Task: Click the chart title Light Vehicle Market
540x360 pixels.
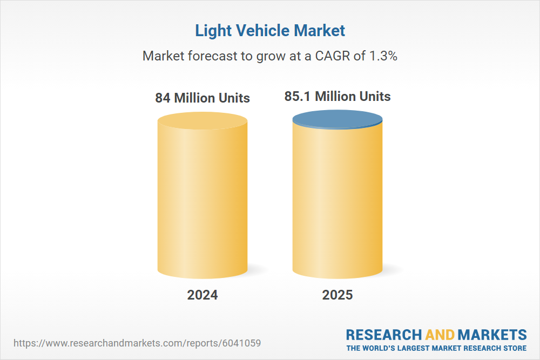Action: point(270,31)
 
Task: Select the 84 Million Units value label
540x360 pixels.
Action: point(202,98)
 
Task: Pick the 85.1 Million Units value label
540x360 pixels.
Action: point(337,97)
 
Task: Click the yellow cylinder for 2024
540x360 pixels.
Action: point(202,200)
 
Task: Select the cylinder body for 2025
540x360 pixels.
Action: point(337,200)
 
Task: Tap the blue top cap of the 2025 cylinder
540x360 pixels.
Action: point(337,119)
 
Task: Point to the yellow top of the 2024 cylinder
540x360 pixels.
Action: point(202,120)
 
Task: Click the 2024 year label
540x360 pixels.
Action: point(202,295)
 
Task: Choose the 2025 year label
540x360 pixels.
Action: point(337,295)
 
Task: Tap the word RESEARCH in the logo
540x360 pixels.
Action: point(384,335)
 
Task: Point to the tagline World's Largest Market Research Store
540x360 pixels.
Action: point(436,348)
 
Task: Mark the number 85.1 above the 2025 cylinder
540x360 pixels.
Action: point(298,97)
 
